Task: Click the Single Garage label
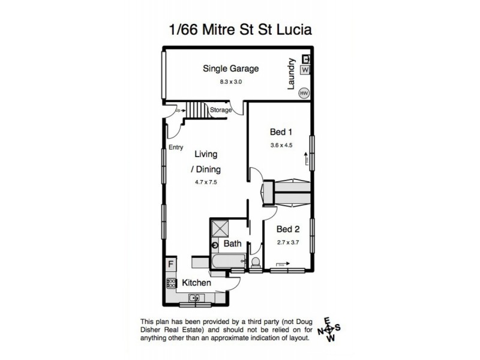[230, 69]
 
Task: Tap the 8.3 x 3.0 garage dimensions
[230, 81]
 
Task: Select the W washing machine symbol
[305, 70]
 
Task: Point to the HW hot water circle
[304, 93]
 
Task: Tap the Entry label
[176, 147]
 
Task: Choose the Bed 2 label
[287, 229]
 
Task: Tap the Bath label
[232, 244]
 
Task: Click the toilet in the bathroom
[254, 263]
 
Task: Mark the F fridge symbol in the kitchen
[171, 264]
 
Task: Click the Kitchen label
[196, 282]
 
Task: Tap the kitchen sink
[196, 297]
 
